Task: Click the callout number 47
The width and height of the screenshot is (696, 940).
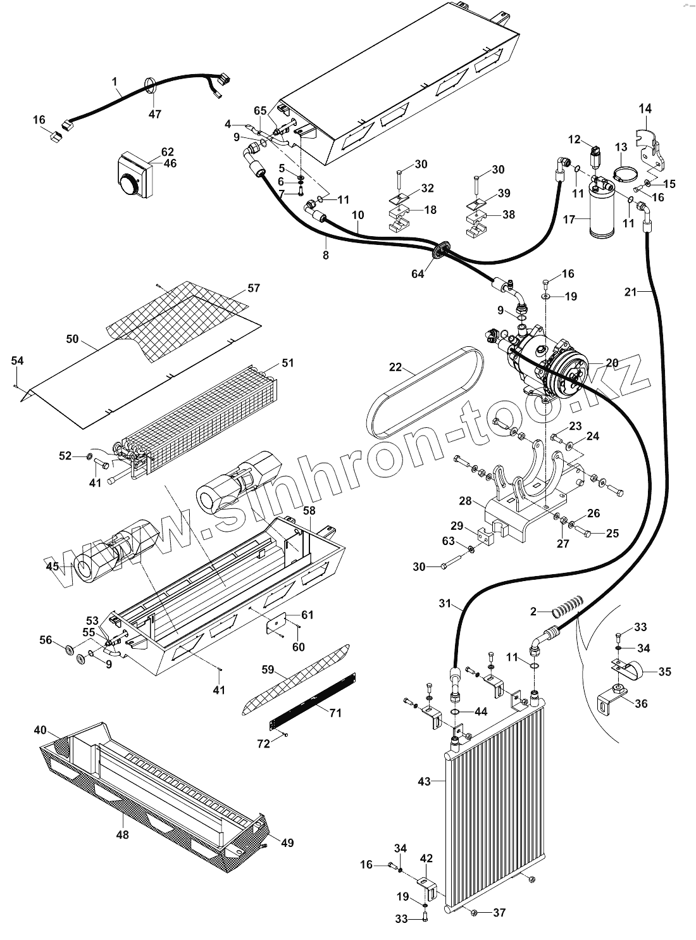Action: [x=155, y=114]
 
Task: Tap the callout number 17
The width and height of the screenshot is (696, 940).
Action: [x=568, y=220]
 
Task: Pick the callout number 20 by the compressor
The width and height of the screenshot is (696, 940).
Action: [x=612, y=363]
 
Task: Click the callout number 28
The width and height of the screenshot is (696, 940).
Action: [x=466, y=501]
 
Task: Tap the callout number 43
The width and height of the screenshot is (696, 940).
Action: [x=424, y=781]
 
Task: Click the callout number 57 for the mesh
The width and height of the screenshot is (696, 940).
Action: [x=254, y=288]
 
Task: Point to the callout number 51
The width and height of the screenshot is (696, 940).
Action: [x=288, y=363]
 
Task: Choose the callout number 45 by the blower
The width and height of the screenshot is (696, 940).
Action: [x=52, y=566]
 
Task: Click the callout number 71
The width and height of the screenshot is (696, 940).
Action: [x=335, y=713]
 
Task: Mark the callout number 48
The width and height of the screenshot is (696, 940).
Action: [x=122, y=835]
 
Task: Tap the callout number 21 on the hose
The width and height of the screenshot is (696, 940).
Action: [x=630, y=292]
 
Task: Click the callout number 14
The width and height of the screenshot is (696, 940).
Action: [x=644, y=108]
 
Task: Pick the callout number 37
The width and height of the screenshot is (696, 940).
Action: [x=499, y=912]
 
